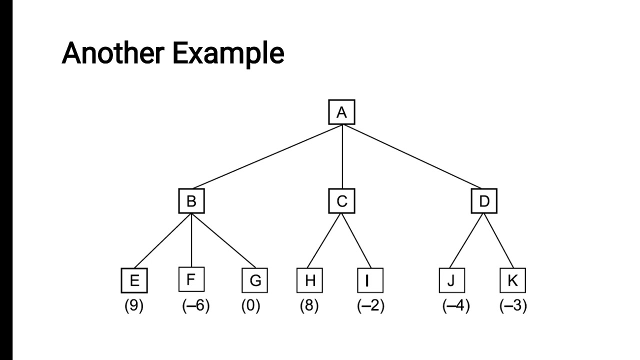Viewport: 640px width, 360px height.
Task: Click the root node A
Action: pos(341,112)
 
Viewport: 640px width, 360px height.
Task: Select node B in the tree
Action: pos(191,201)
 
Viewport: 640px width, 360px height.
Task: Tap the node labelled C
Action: pos(341,201)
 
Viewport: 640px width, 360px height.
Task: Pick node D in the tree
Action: pos(484,201)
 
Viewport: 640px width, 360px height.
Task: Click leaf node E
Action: pos(134,280)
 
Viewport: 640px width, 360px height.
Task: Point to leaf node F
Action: pos(191,279)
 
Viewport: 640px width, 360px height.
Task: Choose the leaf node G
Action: pos(255,280)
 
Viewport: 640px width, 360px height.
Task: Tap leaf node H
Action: pos(310,280)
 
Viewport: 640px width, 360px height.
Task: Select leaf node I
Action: pos(370,280)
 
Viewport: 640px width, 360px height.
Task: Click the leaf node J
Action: pos(451,280)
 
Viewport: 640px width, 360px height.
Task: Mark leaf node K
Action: pos(512,280)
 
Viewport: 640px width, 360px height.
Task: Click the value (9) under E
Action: pos(134,305)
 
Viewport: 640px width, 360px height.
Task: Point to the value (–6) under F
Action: pos(195,305)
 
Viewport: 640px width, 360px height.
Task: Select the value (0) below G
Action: pos(251,305)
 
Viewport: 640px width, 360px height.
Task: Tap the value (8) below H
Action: pos(309,305)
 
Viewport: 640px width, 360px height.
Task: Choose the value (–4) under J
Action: pos(456,305)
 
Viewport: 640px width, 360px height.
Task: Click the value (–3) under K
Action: pos(513,305)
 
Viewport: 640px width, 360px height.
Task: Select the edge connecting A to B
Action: pos(267,157)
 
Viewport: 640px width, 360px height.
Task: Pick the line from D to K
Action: pos(498,240)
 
